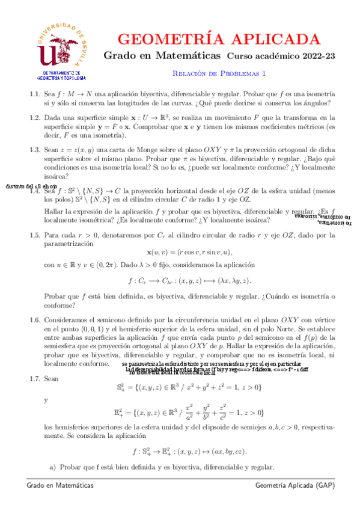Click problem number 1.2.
34,118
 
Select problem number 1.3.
34,150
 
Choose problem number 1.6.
34,322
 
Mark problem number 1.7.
34,379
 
